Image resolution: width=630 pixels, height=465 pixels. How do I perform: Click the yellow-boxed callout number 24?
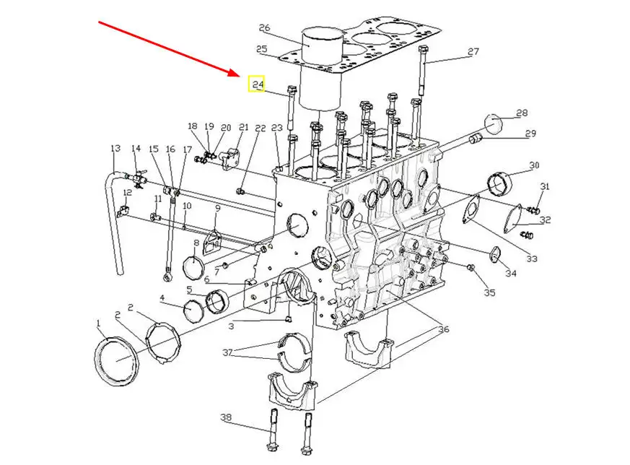(258, 84)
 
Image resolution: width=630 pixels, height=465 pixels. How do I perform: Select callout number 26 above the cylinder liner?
(264, 27)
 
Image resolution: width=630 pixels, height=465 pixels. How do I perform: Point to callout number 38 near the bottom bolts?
(226, 417)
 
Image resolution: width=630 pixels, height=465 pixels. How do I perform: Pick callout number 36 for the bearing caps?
(443, 329)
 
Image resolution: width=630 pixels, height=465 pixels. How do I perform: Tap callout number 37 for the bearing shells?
(227, 352)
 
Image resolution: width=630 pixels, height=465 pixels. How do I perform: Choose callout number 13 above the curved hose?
(115, 148)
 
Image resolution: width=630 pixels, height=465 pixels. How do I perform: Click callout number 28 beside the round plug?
(522, 113)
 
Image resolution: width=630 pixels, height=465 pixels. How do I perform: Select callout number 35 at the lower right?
(489, 292)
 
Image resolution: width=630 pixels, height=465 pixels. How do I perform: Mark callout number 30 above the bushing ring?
(534, 165)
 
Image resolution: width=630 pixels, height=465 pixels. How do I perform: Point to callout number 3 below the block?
(231, 326)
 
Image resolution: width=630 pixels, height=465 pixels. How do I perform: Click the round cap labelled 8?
(194, 265)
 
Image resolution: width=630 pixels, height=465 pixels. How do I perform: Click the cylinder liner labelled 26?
(321, 69)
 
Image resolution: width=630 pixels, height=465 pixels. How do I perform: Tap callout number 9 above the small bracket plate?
(217, 208)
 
